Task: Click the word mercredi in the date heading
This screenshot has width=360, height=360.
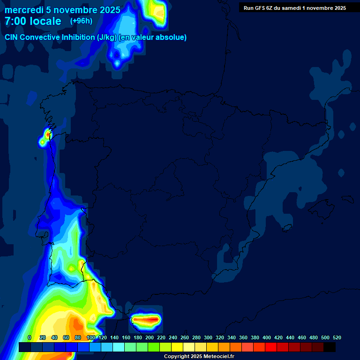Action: (24, 10)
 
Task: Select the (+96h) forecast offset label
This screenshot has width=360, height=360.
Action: (81, 21)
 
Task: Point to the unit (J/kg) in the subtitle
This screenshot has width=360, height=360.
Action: (107, 37)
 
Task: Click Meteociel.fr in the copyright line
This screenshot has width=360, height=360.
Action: (218, 357)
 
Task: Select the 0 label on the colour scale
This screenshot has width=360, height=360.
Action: (30, 337)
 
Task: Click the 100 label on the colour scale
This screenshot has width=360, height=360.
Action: (91, 337)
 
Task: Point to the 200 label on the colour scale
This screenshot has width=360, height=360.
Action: (150, 337)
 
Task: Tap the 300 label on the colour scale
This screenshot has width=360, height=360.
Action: (208, 337)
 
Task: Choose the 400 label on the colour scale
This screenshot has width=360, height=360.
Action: (267, 337)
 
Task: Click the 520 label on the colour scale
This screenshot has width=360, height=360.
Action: (337, 337)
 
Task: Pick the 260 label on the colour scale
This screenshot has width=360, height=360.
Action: (185, 337)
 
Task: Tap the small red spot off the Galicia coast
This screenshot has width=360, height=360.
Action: (47, 135)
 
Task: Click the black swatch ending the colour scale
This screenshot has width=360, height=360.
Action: (330, 347)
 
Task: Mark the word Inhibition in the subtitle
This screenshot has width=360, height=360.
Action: (78, 37)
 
